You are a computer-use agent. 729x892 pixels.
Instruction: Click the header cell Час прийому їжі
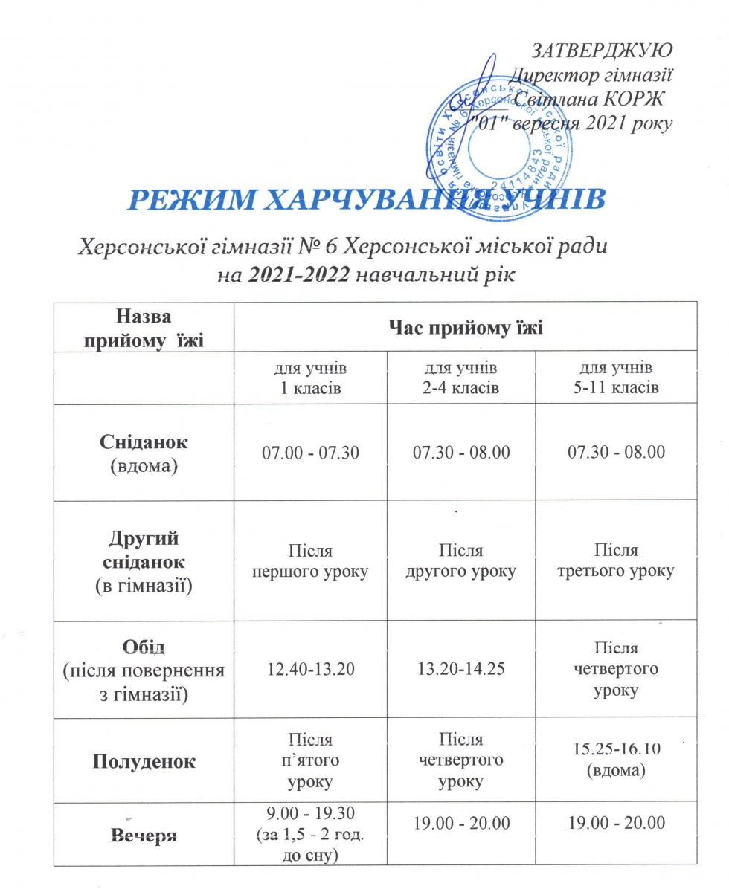click(x=465, y=327)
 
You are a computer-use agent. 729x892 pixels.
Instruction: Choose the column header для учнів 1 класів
click(x=310, y=378)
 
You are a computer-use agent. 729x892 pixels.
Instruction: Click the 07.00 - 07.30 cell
click(x=310, y=452)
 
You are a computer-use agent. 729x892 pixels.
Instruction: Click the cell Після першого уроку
click(x=310, y=561)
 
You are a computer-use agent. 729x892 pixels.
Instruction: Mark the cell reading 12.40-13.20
click(x=310, y=670)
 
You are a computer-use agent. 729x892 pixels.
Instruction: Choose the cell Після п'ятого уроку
click(x=310, y=761)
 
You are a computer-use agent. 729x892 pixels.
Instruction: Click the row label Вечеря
click(x=144, y=836)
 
